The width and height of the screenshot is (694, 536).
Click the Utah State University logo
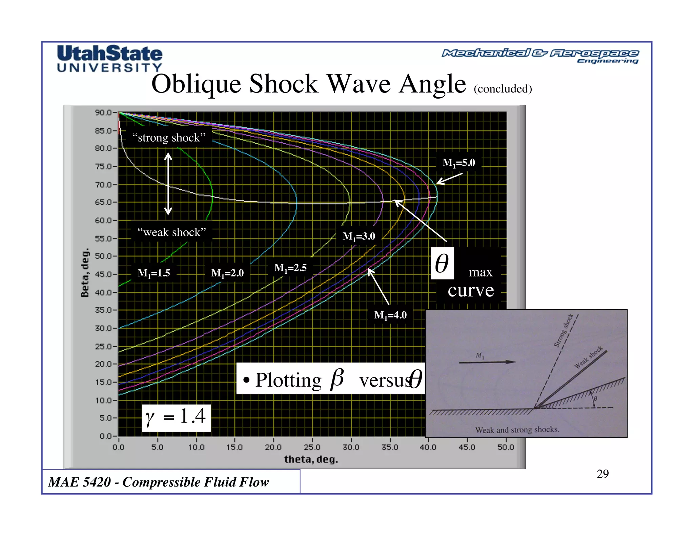[x=109, y=58]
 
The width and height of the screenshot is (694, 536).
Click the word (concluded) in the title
[x=503, y=89]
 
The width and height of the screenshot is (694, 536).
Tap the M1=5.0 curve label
[x=458, y=163]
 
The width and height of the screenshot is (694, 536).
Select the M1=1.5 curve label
[x=154, y=273]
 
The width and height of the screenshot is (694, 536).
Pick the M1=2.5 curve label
[x=290, y=268]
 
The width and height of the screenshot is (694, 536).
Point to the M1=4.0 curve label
[x=390, y=315]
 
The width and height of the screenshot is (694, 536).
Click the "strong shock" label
[x=169, y=138]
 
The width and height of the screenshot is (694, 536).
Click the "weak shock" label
[x=171, y=232]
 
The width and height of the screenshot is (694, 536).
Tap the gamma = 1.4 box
[x=176, y=417]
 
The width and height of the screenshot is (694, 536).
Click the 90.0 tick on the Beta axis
[x=103, y=112]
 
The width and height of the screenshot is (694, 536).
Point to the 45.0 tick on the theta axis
[x=467, y=447]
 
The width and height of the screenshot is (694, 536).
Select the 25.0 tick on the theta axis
[x=312, y=447]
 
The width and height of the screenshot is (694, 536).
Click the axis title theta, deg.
[x=311, y=459]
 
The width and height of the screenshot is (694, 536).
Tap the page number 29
[x=603, y=474]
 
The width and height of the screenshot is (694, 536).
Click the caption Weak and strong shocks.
[x=517, y=430]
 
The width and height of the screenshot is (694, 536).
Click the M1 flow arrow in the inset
[x=487, y=362]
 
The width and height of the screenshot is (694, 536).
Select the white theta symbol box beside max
[x=442, y=263]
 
